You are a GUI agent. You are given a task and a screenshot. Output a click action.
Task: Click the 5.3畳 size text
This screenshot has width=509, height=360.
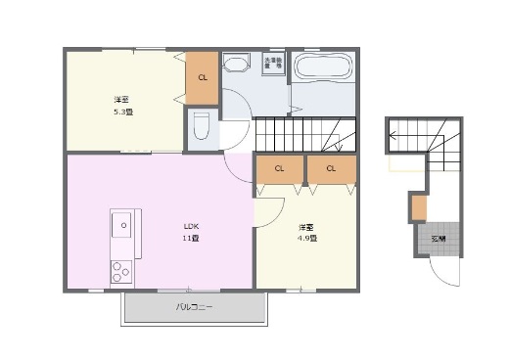click(123, 112)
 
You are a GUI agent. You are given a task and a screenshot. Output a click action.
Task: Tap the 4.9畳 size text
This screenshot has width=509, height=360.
click(307, 238)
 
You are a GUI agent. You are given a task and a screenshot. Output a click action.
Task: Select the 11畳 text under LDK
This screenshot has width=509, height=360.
click(191, 239)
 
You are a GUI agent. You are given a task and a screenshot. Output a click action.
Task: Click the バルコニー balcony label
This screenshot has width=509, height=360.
click(194, 308)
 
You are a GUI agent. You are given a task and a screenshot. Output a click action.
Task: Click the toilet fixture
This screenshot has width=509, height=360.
click(201, 126)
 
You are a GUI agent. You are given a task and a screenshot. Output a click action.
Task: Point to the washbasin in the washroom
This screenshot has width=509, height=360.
click(235, 65)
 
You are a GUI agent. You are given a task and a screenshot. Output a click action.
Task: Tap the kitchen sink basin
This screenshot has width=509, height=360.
click(123, 226)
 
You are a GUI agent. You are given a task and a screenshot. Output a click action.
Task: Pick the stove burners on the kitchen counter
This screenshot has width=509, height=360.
click(122, 270)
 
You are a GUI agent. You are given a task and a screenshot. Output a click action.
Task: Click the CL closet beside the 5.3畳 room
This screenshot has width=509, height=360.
click(203, 78)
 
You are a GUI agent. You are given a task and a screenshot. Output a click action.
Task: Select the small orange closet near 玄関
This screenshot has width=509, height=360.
click(419, 208)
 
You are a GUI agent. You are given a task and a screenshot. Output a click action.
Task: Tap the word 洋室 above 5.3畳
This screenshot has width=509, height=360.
click(121, 100)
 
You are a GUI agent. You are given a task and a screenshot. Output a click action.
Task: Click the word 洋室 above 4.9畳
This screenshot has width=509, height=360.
click(306, 227)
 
